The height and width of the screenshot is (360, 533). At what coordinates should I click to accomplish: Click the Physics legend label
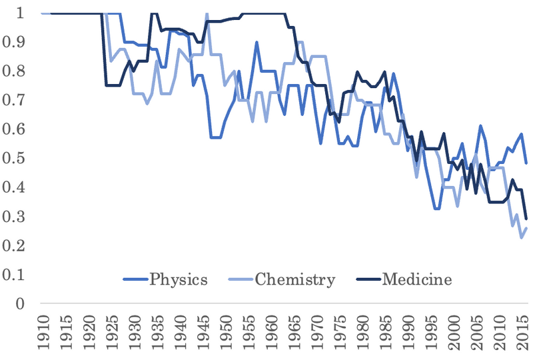click(x=179, y=279)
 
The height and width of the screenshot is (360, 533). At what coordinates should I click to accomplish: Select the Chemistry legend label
click(x=295, y=279)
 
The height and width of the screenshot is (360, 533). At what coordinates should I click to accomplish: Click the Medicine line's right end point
click(x=526, y=219)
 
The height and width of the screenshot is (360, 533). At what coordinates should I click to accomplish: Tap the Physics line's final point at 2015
click(x=526, y=163)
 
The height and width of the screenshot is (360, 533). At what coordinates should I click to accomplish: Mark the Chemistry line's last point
click(x=526, y=228)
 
